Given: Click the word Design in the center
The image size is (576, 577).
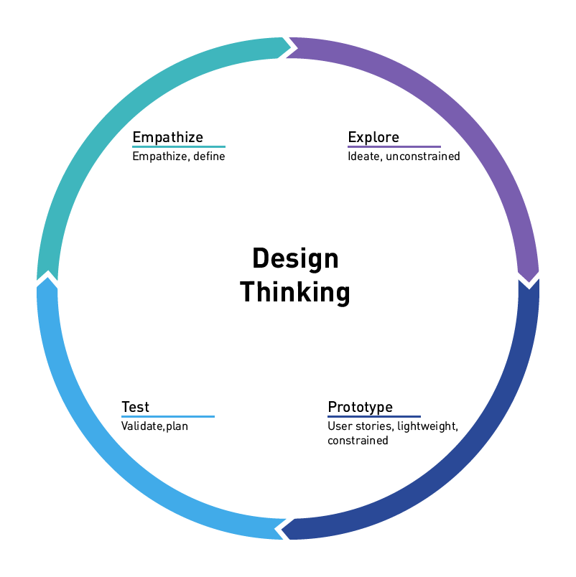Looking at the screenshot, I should point(295,258).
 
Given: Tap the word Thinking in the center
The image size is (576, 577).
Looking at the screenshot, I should point(295,292).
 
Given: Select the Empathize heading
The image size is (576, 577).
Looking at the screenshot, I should point(167,137).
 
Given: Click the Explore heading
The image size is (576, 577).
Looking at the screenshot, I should point(373,137).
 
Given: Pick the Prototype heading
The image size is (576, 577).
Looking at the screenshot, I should point(360,408).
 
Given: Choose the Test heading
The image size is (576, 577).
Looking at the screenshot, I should point(135,408).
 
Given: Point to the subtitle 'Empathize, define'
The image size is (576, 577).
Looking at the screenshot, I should point(178,156).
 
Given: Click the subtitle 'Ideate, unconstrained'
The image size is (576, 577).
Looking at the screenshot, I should point(404,156).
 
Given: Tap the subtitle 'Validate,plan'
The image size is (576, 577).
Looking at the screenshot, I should point(154,426).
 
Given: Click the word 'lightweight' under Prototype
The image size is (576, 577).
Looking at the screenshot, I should point(426,426).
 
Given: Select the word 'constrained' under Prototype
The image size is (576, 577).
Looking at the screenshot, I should point(358,441).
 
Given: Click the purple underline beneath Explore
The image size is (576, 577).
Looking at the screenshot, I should point(394,146).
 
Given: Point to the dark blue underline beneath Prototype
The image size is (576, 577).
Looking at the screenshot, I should point(373,416).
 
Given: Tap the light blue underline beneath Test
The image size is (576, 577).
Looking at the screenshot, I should point(167,416).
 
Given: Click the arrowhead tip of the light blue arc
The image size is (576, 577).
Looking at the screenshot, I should point(47,279).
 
